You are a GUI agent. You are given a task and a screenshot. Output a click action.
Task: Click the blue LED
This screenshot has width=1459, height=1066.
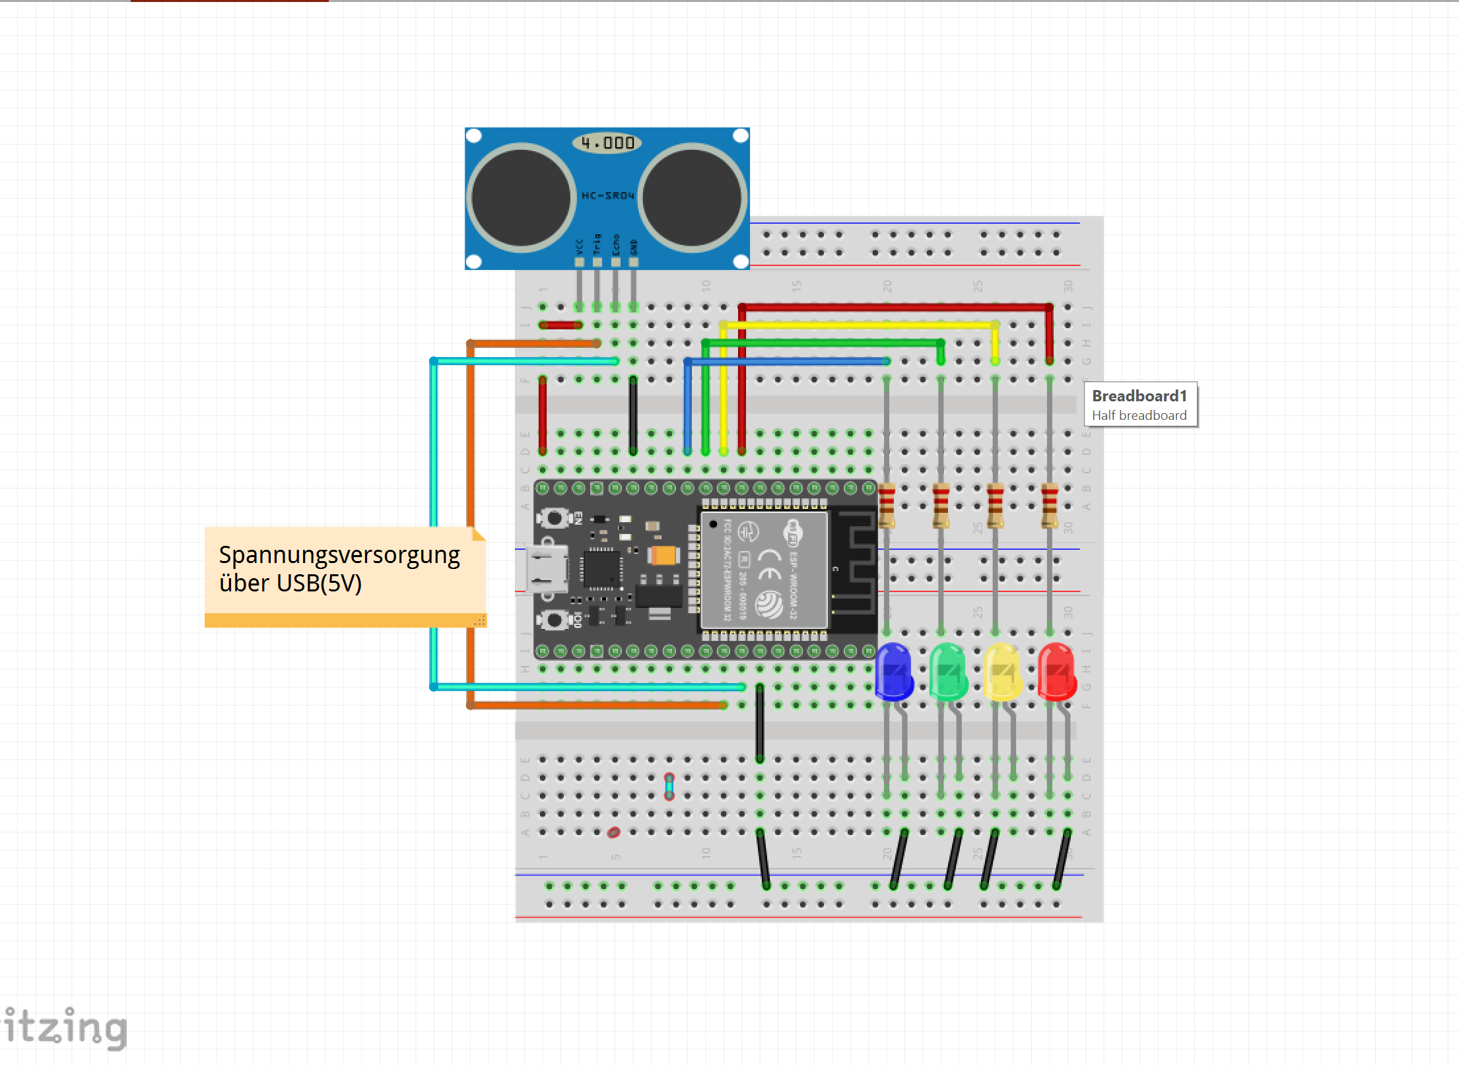pos(893,671)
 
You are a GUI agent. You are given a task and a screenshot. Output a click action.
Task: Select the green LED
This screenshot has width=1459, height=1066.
pos(948,671)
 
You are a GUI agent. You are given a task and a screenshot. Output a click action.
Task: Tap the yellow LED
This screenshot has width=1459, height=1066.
pos(1002,671)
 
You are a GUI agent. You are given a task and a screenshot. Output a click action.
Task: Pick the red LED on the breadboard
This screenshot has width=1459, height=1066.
pos(1056,671)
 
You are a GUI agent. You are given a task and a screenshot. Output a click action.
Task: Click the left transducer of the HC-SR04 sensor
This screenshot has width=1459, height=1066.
pos(522,197)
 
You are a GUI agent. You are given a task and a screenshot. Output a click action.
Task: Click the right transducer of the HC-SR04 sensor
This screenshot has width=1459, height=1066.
pos(692,197)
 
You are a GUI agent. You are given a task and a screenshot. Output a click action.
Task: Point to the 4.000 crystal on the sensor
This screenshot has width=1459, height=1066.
pos(607,143)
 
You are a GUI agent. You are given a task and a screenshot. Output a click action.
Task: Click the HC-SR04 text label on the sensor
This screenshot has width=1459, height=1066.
pos(607,195)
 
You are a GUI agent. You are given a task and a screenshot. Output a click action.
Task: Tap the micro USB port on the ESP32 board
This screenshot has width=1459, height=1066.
pos(547,568)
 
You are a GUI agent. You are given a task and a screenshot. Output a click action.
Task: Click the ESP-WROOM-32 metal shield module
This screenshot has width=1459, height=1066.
pos(764,570)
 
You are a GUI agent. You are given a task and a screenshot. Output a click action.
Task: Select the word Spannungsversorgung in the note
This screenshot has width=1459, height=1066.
pos(339,555)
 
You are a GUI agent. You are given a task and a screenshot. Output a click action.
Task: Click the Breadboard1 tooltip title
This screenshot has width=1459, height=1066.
pos(1139,396)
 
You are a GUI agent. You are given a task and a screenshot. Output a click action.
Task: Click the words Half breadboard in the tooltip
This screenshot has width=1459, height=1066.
pos(1139,415)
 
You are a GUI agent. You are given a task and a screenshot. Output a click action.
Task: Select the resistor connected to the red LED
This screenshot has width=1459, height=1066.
pos(1049,506)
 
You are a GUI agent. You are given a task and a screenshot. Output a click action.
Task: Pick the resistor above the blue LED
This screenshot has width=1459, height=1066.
pos(887,506)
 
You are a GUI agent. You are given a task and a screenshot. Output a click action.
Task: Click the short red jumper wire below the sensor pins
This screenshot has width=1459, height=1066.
pos(560,325)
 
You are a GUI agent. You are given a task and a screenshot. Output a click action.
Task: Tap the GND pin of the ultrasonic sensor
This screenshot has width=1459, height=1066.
pos(634,262)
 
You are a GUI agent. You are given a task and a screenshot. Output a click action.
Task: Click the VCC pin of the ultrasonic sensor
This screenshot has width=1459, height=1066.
pos(579,262)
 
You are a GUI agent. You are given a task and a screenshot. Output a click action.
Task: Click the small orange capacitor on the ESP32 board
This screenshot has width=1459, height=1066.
pos(663,555)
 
